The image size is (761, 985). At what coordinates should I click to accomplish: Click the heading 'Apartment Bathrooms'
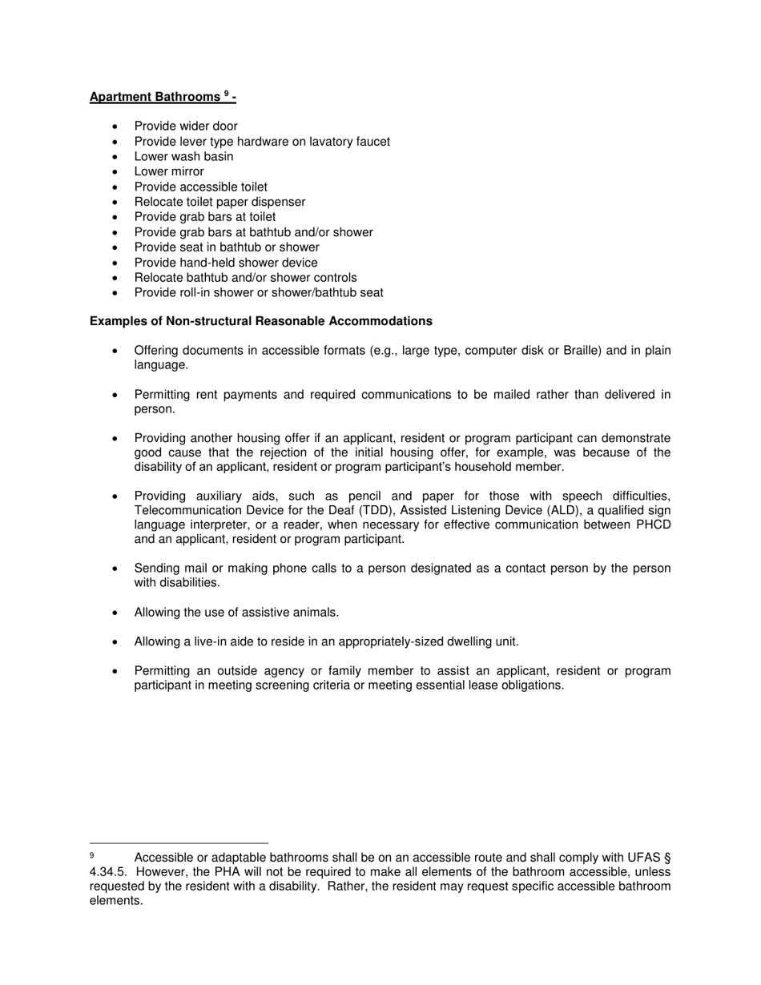(155, 97)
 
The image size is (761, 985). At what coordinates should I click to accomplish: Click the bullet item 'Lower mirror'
(169, 171)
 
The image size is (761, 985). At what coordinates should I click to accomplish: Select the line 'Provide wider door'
(186, 126)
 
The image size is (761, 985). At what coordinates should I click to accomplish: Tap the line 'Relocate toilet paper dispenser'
(219, 202)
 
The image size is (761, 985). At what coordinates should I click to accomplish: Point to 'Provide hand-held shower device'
(226, 263)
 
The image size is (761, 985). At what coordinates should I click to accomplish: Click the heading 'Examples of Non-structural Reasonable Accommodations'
(261, 321)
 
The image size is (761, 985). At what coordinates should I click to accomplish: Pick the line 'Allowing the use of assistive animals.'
(236, 613)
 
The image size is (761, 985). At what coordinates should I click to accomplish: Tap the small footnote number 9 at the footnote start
(92, 855)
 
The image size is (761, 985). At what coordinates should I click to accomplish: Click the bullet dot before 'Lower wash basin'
(116, 157)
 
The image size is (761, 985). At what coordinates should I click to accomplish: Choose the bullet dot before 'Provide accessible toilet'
(116, 187)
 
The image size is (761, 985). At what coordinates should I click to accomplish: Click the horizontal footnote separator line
(179, 842)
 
